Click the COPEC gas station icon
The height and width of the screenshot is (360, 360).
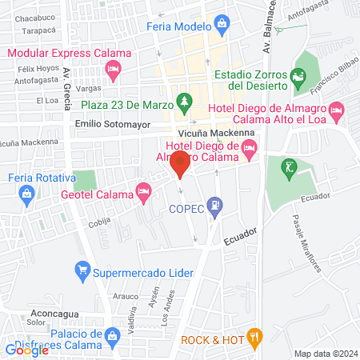pyautogui.click(x=214, y=206)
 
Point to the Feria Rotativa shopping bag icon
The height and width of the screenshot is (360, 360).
pyautogui.click(x=28, y=193)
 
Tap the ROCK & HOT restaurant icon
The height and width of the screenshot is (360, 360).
pyautogui.click(x=254, y=337)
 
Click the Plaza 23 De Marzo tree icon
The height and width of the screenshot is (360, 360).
pyautogui.click(x=186, y=100)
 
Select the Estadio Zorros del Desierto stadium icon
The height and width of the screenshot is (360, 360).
pyautogui.click(x=298, y=77)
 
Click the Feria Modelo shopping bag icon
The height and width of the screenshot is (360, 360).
pyautogui.click(x=222, y=26)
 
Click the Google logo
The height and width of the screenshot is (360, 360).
pyautogui.click(x=26, y=350)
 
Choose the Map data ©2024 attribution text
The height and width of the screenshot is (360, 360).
pyautogui.click(x=325, y=354)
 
